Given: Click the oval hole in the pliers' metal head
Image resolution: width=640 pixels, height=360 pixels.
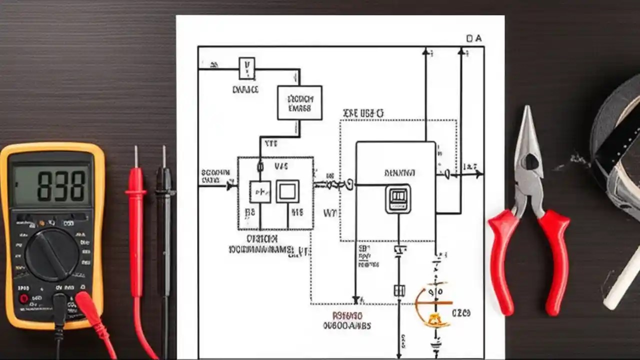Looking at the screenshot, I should click(531, 161).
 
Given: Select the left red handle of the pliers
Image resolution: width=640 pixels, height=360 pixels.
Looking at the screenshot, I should click(501, 260).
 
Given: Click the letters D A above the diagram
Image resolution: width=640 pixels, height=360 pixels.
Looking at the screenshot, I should click(473, 38).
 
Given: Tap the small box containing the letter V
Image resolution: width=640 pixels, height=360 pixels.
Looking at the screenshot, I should click(246, 68).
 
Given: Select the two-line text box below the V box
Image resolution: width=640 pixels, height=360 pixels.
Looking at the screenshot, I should click(299, 102).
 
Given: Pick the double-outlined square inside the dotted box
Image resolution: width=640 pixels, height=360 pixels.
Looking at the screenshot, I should click(287, 191).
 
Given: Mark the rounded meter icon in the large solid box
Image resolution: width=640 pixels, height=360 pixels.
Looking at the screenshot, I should click(398, 198).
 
